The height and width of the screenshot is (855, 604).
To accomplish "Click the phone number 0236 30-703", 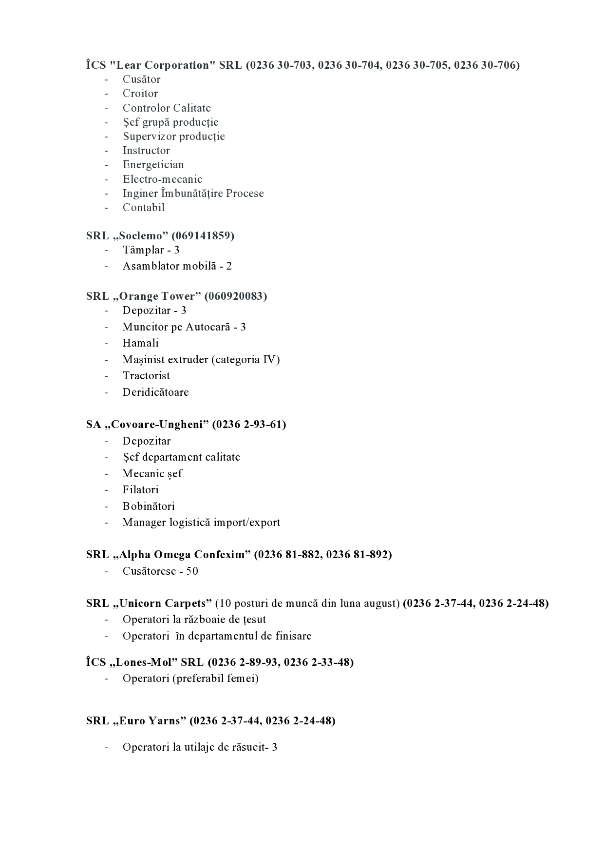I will [279, 65].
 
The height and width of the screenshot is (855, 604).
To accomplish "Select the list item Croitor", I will [140, 94].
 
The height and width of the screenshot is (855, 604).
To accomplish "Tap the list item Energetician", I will [153, 165].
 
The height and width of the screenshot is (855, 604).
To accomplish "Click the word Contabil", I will [144, 208].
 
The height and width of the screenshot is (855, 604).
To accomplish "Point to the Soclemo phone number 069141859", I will [203, 236].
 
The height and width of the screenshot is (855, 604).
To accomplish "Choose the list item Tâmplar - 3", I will [151, 250].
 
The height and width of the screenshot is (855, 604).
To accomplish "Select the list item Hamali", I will [140, 343].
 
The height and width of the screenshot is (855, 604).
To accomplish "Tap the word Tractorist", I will [146, 376].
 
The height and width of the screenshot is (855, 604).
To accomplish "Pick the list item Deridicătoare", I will [155, 392].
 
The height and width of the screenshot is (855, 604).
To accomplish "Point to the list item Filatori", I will [140, 490].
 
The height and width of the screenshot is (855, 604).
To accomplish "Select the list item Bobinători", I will [149, 506].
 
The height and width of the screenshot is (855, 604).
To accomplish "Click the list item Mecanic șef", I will [152, 474].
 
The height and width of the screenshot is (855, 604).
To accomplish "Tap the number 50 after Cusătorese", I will [192, 571].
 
